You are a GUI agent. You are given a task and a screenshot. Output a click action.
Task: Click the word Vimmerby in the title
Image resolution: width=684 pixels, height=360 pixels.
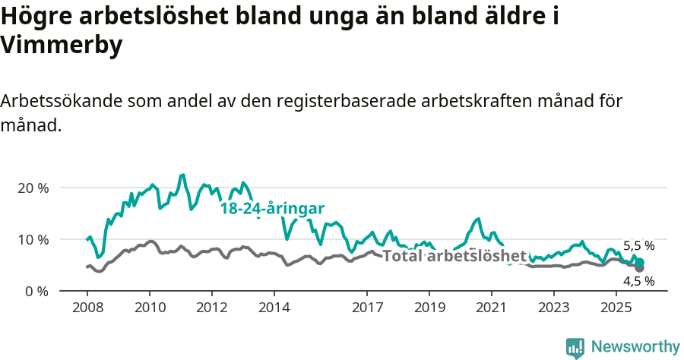pos(62,46)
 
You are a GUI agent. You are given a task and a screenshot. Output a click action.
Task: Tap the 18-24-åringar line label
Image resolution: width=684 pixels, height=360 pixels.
pos(273,209)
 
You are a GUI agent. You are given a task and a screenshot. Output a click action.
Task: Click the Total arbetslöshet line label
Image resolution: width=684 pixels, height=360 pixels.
pos(454,256)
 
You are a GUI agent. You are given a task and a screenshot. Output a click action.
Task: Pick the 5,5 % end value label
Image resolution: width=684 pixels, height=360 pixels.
pos(638,246)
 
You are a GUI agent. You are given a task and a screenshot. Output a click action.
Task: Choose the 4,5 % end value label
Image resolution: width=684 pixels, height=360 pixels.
pos(638,281)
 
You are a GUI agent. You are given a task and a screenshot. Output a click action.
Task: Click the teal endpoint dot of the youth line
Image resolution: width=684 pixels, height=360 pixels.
pos(639,262)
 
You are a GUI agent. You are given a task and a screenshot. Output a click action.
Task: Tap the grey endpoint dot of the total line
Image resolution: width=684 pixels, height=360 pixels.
pos(639,268)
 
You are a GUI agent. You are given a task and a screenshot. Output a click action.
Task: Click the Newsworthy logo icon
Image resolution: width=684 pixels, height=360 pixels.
pos(575,348)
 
